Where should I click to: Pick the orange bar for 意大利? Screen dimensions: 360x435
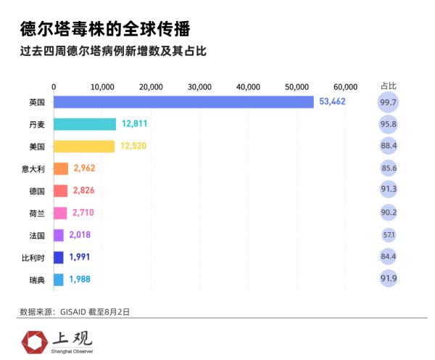point(61,169)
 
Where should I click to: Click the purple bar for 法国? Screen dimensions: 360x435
point(59,235)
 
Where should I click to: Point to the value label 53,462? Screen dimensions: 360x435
point(332,102)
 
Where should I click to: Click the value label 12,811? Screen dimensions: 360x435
point(134,124)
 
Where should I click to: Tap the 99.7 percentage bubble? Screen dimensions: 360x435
point(389,102)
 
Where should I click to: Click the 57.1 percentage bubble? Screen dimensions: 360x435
point(389,235)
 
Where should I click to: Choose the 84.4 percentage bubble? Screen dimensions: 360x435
point(389,257)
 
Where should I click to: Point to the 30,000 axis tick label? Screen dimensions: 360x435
point(199,86)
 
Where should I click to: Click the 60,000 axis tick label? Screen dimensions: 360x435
point(346,86)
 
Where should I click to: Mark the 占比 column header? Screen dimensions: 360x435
point(389,86)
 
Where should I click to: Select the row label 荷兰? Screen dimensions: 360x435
point(36,213)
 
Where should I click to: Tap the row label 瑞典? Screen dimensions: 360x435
point(36,279)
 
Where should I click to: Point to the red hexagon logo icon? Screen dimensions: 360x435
point(33,340)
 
